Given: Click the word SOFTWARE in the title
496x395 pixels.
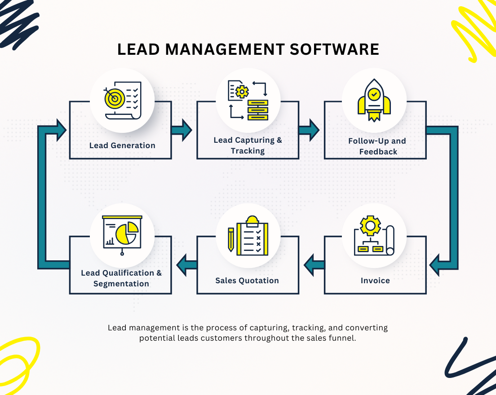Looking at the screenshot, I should pyautogui.click(x=334, y=49).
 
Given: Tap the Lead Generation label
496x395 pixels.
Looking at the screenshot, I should pyautogui.click(x=122, y=145).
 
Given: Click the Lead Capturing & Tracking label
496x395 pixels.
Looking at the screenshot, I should pyautogui.click(x=248, y=145).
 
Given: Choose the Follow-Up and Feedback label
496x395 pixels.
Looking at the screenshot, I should pyautogui.click(x=377, y=146).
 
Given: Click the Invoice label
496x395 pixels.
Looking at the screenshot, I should pyautogui.click(x=375, y=281).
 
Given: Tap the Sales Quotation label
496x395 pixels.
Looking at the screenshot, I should pyautogui.click(x=247, y=281).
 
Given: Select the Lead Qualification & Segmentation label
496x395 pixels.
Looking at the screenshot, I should pyautogui.click(x=121, y=278).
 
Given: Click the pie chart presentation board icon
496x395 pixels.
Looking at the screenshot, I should pyautogui.click(x=122, y=233).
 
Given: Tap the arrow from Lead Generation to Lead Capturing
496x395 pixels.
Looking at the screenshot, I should pyautogui.click(x=182, y=130).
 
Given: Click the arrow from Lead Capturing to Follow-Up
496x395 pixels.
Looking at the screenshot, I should pyautogui.click(x=309, y=130).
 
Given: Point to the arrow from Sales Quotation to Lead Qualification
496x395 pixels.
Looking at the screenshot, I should pyautogui.click(x=186, y=265).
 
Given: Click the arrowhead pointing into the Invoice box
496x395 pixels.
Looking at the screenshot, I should pyautogui.click(x=435, y=265).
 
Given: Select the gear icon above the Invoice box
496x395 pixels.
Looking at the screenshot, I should pyautogui.click(x=370, y=225).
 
